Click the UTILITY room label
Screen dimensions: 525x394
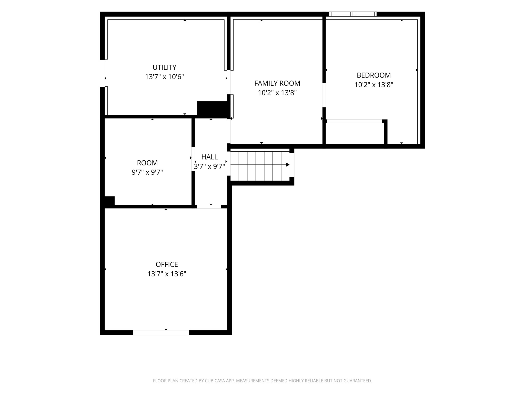(x=164, y=67)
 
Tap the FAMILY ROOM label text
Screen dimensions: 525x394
(x=277, y=83)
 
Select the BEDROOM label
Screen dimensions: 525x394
(x=374, y=75)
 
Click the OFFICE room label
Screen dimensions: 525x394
(x=167, y=264)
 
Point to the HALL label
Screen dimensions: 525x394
(x=209, y=157)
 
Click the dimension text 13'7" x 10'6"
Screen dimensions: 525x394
(x=164, y=77)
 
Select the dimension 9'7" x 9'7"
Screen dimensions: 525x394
(x=147, y=172)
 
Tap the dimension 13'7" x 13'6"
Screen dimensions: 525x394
(x=167, y=274)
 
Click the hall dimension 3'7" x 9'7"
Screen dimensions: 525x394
(x=209, y=166)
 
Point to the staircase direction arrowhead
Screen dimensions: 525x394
(x=288, y=165)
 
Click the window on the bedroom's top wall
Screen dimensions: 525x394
(x=353, y=14)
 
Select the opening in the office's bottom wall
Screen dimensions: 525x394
(x=161, y=333)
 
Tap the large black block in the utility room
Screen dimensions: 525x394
(x=212, y=110)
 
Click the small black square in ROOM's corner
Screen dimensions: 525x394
(x=109, y=201)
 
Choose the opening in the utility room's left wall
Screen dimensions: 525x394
(x=102, y=73)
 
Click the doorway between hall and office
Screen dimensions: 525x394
(x=209, y=207)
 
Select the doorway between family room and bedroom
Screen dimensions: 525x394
(x=324, y=95)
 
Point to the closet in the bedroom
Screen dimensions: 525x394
(x=355, y=133)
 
